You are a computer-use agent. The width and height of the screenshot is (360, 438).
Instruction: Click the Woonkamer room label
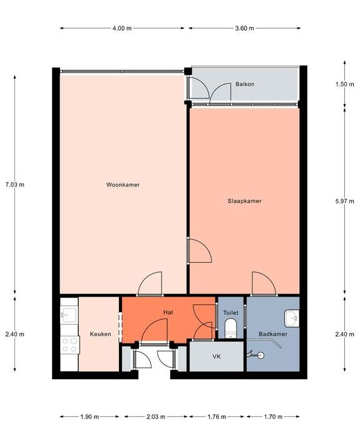pyautogui.click(x=123, y=185)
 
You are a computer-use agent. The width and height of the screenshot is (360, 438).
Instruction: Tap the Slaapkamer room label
pyautogui.click(x=245, y=201)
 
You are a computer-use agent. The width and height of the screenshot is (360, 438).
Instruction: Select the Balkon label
pyautogui.click(x=245, y=84)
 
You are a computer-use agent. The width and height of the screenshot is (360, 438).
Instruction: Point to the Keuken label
pyautogui.click(x=100, y=334)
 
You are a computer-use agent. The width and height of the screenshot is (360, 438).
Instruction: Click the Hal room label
pyautogui.click(x=168, y=312)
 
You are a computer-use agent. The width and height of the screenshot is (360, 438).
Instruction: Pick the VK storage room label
pyautogui.click(x=217, y=357)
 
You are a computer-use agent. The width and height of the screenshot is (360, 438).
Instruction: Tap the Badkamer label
pyautogui.click(x=273, y=334)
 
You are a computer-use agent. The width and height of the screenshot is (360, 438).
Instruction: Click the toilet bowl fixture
pyautogui.click(x=231, y=328)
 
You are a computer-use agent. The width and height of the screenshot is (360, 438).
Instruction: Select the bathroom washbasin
pyautogui.click(x=292, y=318)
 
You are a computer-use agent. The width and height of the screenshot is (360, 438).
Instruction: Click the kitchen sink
pyautogui.click(x=69, y=315)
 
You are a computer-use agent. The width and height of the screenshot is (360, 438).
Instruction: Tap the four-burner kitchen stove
pyautogui.click(x=70, y=345)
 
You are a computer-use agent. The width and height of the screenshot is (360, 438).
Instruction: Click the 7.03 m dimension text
pyautogui.click(x=15, y=185)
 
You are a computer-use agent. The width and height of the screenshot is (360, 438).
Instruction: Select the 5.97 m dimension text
pyautogui.click(x=344, y=201)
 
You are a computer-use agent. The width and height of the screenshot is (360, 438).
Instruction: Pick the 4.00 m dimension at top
pyautogui.click(x=122, y=28)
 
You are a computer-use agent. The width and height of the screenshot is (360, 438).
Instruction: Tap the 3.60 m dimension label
pyautogui.click(x=245, y=28)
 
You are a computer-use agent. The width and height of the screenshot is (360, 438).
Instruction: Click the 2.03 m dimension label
pyautogui.click(x=156, y=417)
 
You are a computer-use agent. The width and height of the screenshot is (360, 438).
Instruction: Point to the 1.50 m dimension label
pyautogui.click(x=344, y=84)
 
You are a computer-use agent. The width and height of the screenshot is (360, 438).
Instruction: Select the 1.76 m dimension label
pyautogui.click(x=217, y=417)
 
